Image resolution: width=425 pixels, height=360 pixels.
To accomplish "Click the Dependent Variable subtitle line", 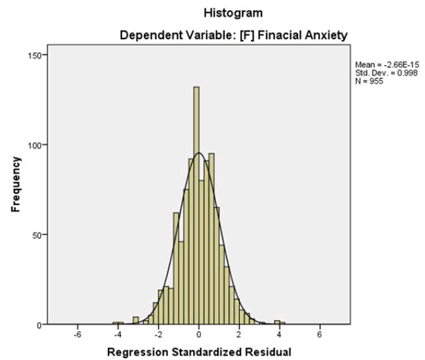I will [234, 37].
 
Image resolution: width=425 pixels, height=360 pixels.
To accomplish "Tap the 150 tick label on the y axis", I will [35, 55].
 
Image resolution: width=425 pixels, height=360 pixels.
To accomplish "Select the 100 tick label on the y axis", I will [35, 145].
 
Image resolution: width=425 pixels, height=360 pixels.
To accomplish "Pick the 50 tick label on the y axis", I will [37, 235].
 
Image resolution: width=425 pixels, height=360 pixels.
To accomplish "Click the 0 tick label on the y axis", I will [39, 325].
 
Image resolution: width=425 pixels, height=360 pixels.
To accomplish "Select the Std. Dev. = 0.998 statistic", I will [384, 73].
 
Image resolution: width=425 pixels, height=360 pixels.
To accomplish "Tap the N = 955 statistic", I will [369, 81].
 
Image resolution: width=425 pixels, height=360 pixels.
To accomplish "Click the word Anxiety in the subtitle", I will [325, 37].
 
